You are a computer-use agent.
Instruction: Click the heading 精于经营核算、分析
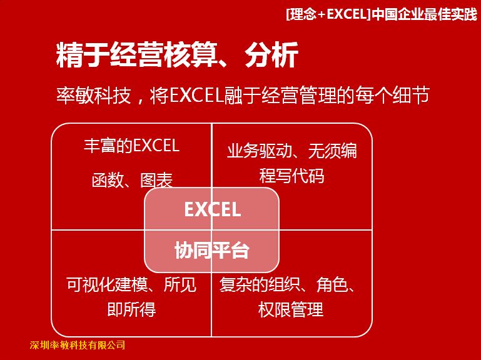click(177, 55)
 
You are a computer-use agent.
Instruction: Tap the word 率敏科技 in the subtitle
click(94, 96)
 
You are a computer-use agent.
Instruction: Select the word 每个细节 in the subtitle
click(392, 96)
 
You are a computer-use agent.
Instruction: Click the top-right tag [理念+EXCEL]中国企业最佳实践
click(382, 14)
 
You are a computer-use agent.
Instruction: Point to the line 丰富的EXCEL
click(131, 146)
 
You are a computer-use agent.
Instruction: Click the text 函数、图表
click(132, 180)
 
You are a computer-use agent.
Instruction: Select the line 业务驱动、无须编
click(291, 151)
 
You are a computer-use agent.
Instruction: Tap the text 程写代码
click(291, 176)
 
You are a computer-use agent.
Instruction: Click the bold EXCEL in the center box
click(212, 209)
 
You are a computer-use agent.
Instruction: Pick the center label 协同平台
click(211, 250)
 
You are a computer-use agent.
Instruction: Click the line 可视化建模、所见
click(131, 284)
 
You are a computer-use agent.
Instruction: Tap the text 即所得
click(131, 309)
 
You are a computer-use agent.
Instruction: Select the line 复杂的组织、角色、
click(288, 284)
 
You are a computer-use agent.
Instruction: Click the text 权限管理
click(291, 309)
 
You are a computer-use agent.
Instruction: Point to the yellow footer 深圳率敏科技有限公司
click(78, 345)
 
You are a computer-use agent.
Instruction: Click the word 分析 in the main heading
click(272, 55)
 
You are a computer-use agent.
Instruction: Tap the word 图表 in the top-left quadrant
click(156, 180)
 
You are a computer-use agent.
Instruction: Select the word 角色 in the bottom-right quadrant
click(332, 284)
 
